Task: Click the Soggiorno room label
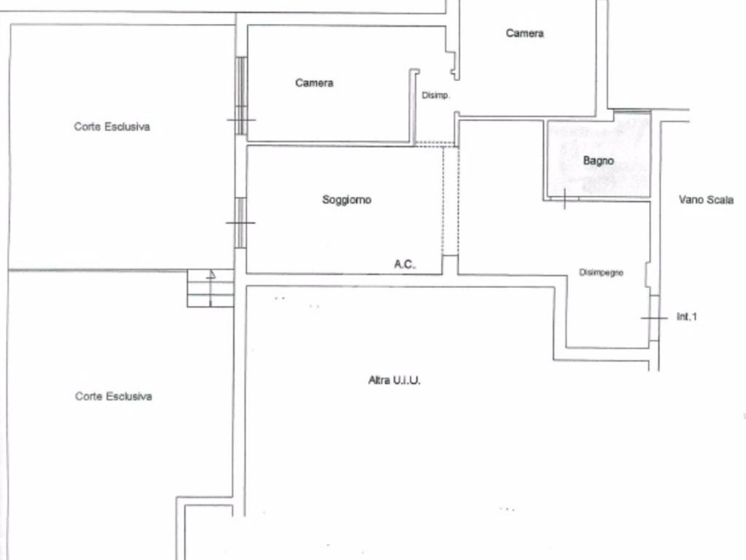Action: (x=347, y=200)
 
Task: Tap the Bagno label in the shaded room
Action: (x=598, y=160)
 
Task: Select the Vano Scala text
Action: (x=706, y=200)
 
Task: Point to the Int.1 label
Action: (x=686, y=316)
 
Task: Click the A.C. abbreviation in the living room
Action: (x=405, y=265)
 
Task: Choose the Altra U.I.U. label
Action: (x=394, y=380)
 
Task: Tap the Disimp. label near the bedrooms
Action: (x=436, y=96)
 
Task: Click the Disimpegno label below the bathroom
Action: (x=601, y=273)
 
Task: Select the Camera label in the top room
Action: (x=525, y=34)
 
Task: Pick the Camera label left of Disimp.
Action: (x=314, y=83)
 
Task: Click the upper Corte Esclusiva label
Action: (x=111, y=127)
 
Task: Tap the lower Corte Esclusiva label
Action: (x=114, y=397)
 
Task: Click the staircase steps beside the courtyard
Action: (x=211, y=288)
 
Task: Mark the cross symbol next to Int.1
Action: (x=654, y=319)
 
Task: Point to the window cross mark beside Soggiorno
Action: (x=241, y=223)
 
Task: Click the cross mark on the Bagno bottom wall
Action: (x=565, y=198)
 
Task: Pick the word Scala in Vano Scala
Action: (x=720, y=200)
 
